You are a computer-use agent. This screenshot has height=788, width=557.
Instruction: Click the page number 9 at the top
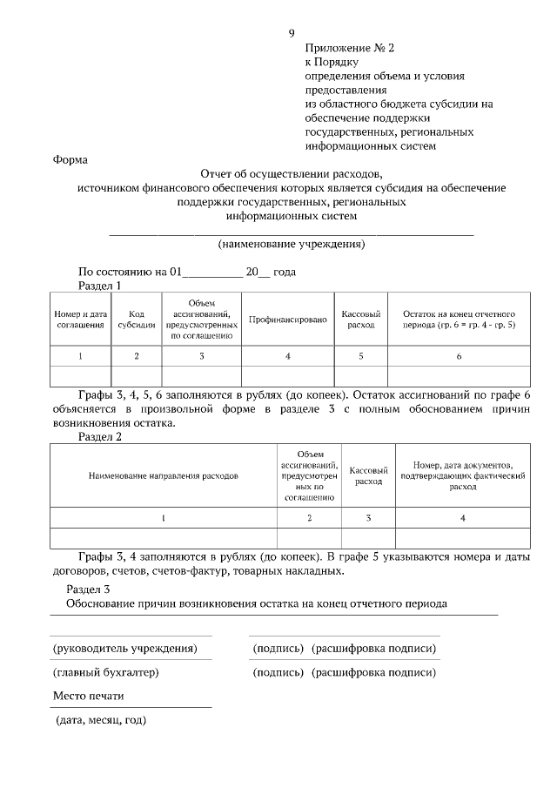292,34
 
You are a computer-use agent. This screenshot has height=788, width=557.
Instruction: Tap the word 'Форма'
70,159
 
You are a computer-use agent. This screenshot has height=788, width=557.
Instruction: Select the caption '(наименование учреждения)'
291,244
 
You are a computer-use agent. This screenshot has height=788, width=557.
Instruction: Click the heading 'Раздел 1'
100,285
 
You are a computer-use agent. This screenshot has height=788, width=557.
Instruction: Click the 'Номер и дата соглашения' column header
80,319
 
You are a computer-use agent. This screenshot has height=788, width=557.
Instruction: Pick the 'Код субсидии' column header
137,319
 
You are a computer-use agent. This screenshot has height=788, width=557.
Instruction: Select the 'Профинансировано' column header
287,320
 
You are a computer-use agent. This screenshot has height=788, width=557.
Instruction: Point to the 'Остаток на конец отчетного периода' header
459,319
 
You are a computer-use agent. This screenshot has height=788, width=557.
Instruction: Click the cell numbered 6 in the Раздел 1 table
459,355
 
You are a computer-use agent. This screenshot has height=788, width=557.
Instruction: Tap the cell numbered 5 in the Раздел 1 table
360,355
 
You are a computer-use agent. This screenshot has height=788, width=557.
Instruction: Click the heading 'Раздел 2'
100,437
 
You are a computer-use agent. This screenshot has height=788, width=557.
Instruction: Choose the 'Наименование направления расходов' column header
164,476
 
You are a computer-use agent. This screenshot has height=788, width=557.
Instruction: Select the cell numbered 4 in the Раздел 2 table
463,518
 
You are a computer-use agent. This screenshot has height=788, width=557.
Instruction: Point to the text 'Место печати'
88,697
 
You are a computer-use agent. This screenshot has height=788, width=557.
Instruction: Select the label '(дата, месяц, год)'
100,721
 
